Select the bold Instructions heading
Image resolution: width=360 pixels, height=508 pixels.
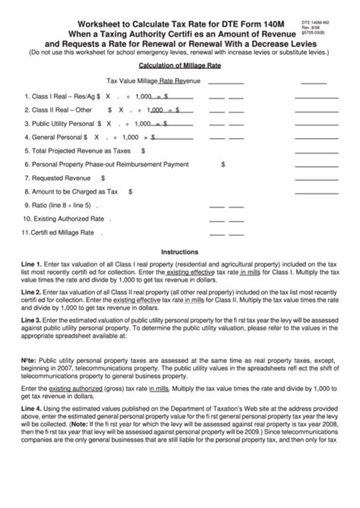click(179, 251)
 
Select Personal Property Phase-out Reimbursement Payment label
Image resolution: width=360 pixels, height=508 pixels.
click(106, 164)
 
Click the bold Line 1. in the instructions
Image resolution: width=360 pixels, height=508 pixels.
click(32, 263)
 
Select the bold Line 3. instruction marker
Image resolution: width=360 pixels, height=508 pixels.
click(32, 321)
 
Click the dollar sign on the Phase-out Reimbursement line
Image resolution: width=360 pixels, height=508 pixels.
click(223, 164)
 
